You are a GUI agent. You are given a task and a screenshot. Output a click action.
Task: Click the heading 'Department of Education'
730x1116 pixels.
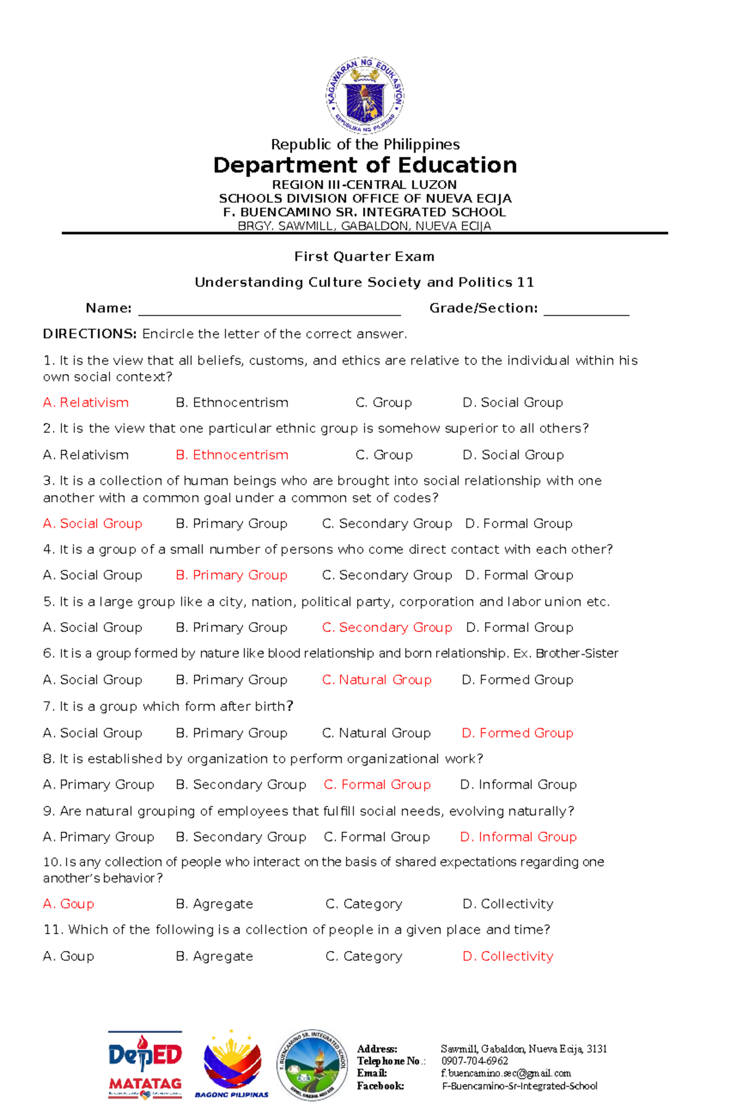click(365, 165)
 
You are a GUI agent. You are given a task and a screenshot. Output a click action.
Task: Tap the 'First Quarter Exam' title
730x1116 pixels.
click(364, 257)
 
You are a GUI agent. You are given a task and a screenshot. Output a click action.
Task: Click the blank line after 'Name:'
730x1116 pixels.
click(269, 310)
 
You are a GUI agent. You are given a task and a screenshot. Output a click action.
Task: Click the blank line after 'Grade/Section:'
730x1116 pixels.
click(586, 310)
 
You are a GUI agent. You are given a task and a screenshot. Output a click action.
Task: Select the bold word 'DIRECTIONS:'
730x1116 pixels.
click(89, 334)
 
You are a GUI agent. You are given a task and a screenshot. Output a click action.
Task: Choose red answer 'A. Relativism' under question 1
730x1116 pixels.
click(86, 403)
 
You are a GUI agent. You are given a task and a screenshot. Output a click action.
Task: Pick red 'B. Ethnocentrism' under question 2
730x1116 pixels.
click(232, 455)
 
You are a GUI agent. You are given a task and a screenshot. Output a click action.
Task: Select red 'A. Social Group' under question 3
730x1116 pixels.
click(92, 524)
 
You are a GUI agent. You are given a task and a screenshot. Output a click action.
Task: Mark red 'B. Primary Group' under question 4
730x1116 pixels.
click(231, 575)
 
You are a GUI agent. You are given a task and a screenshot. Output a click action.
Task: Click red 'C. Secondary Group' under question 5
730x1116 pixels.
click(387, 628)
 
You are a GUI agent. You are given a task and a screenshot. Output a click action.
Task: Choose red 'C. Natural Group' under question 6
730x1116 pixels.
click(377, 680)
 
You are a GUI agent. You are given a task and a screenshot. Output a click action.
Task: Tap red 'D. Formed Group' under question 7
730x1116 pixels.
click(517, 733)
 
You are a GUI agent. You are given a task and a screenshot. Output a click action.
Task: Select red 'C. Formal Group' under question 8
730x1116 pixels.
click(377, 785)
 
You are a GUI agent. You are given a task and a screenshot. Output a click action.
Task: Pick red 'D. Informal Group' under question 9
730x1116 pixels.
click(518, 837)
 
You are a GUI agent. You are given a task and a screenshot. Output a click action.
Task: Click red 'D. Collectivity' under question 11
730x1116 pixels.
click(508, 956)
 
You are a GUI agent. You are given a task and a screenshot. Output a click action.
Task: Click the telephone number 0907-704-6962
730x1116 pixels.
click(474, 1061)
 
